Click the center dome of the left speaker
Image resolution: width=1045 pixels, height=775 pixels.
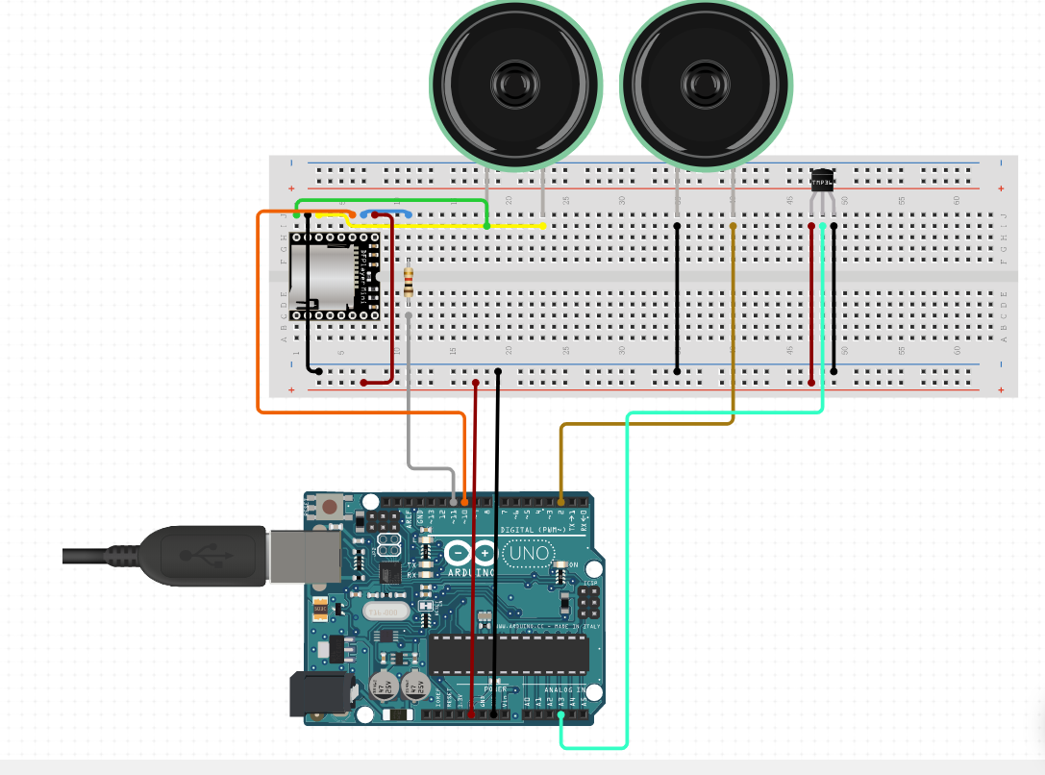tap(514, 86)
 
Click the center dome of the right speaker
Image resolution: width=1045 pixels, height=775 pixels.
tap(705, 86)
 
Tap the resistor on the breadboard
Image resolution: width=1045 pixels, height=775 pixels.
tap(411, 281)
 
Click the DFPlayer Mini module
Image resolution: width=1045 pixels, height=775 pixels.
tap(336, 276)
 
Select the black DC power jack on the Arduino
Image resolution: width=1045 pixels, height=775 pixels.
tap(314, 694)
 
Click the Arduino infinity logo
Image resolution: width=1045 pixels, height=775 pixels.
tap(470, 554)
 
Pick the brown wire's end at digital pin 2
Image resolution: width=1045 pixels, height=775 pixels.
tap(561, 501)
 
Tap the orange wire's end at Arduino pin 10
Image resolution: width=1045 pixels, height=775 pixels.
tap(465, 501)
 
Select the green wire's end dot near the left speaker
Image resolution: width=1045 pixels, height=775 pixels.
tap(487, 225)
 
